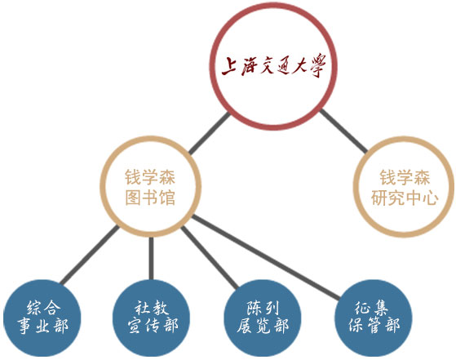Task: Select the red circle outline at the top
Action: coord(211,66)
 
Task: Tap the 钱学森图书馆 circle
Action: coord(101,186)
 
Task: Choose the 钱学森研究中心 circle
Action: coord(355,186)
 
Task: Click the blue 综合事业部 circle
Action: coord(42,318)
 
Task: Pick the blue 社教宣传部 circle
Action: coord(151,318)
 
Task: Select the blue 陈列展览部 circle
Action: coord(263,318)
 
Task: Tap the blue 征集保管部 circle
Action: coord(374,318)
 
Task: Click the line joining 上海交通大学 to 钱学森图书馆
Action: coord(210,133)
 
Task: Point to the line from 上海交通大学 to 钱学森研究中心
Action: coord(343,131)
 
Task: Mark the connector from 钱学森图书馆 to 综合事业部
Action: coord(90,255)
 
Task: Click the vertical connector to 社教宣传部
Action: coord(151,259)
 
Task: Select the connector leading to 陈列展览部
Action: coord(210,258)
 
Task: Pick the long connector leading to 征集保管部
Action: coord(266,257)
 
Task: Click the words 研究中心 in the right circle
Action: coord(405,198)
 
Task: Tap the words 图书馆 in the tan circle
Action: coord(150,198)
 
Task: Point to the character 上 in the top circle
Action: coord(228,66)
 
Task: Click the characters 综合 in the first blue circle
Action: coord(43,308)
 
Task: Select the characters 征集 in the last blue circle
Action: coord(371,308)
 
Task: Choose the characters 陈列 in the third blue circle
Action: coord(263,308)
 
